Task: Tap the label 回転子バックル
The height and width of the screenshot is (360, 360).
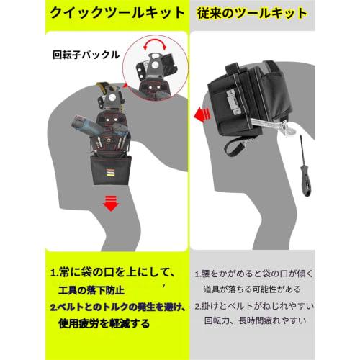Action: (x=85, y=54)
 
